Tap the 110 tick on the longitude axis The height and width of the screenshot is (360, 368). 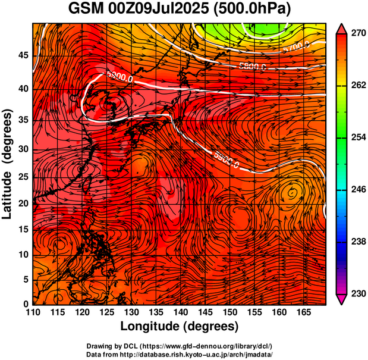33,312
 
